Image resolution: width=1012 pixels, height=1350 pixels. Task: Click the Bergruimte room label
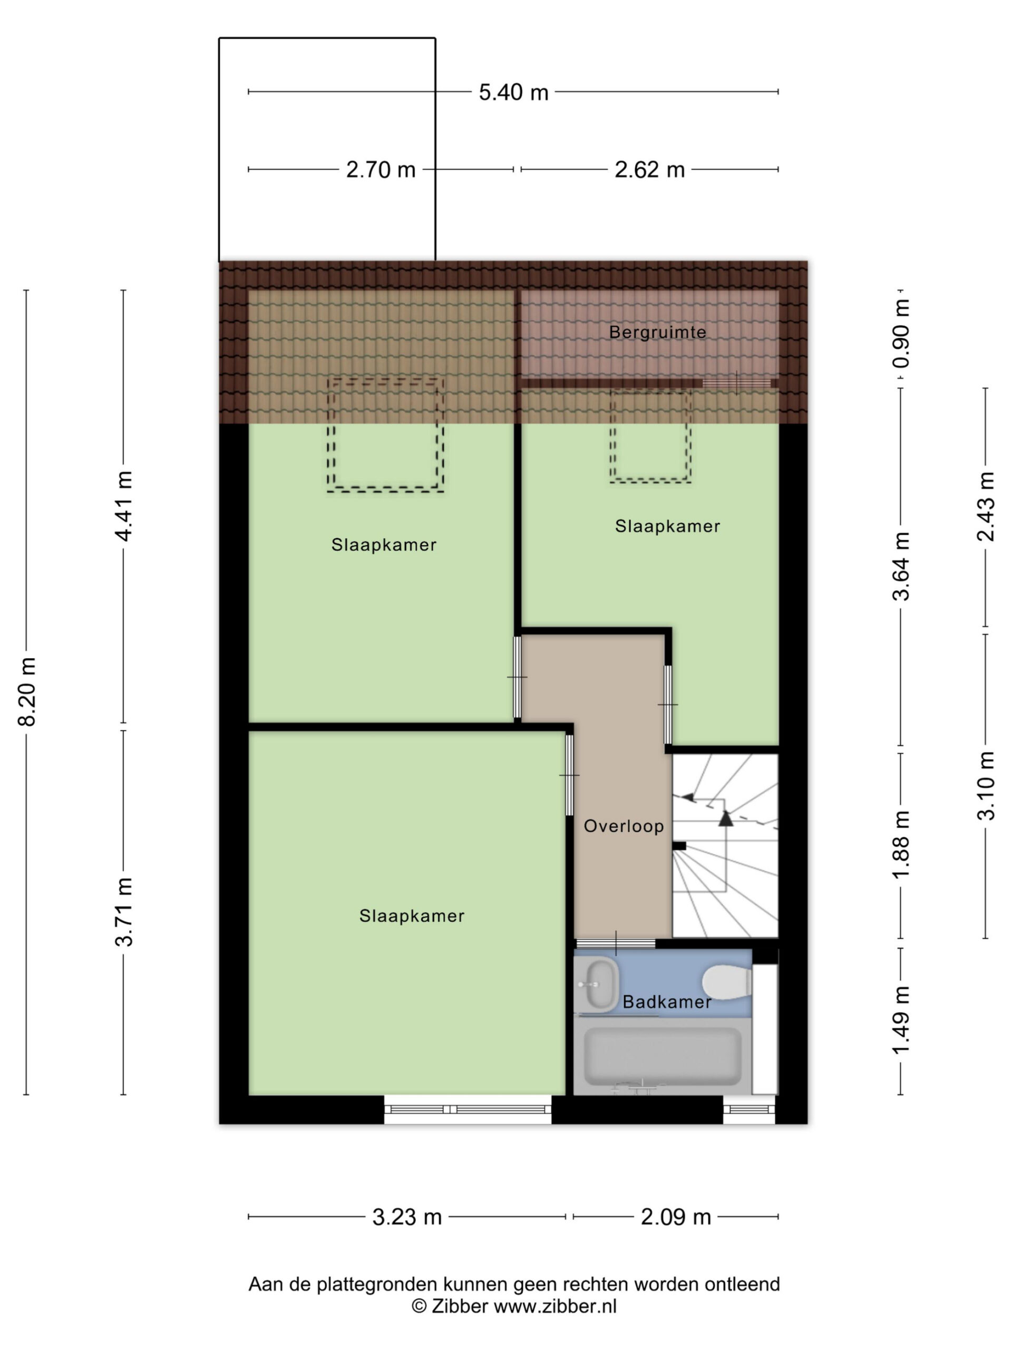[x=657, y=333]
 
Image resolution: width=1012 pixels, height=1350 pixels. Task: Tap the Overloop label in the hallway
[x=624, y=826]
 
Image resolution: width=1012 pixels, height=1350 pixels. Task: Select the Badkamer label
[x=667, y=1002]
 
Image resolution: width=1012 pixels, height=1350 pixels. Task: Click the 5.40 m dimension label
[x=513, y=93]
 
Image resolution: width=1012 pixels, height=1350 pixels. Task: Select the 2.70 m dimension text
[x=381, y=170]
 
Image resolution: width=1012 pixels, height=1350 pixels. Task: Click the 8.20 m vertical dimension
[x=27, y=691]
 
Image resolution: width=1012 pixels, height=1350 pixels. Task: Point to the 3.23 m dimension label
[x=407, y=1217]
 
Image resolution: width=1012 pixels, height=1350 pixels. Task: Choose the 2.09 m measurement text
[x=675, y=1217]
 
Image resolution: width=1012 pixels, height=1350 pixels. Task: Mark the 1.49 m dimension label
[x=901, y=1020]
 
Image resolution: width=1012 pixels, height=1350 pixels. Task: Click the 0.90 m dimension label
[x=901, y=333]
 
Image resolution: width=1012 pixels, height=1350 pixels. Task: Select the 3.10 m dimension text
[x=986, y=785]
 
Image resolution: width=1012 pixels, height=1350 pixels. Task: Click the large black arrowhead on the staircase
[x=725, y=818]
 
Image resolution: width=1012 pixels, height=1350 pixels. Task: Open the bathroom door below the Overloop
[x=616, y=943]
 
